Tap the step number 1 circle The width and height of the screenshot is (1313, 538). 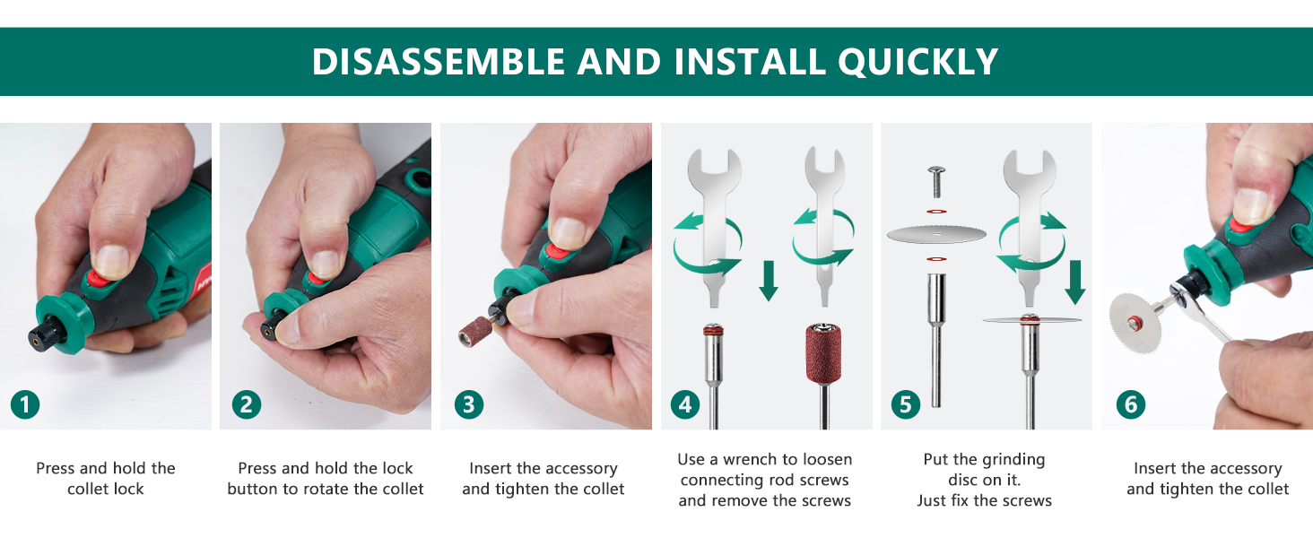coord(25,404)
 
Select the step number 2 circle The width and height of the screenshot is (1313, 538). coord(246,404)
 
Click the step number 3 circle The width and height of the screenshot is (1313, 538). coord(468,404)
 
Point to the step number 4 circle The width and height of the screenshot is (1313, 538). coord(686,404)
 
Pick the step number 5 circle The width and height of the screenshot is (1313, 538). coord(905,404)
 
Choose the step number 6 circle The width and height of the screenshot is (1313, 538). coord(1130,404)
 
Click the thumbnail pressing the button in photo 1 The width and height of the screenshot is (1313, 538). coord(112,259)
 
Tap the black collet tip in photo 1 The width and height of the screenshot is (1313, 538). coord(39,337)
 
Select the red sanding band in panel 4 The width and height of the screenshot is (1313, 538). coord(824,354)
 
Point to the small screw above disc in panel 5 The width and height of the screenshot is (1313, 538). coord(936,182)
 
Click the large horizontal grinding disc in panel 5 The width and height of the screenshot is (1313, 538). coord(936,235)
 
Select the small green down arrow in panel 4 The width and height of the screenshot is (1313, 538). coord(768,281)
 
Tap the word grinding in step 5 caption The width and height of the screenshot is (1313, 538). coord(1010,459)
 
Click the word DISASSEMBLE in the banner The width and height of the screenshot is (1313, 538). coord(438,62)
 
